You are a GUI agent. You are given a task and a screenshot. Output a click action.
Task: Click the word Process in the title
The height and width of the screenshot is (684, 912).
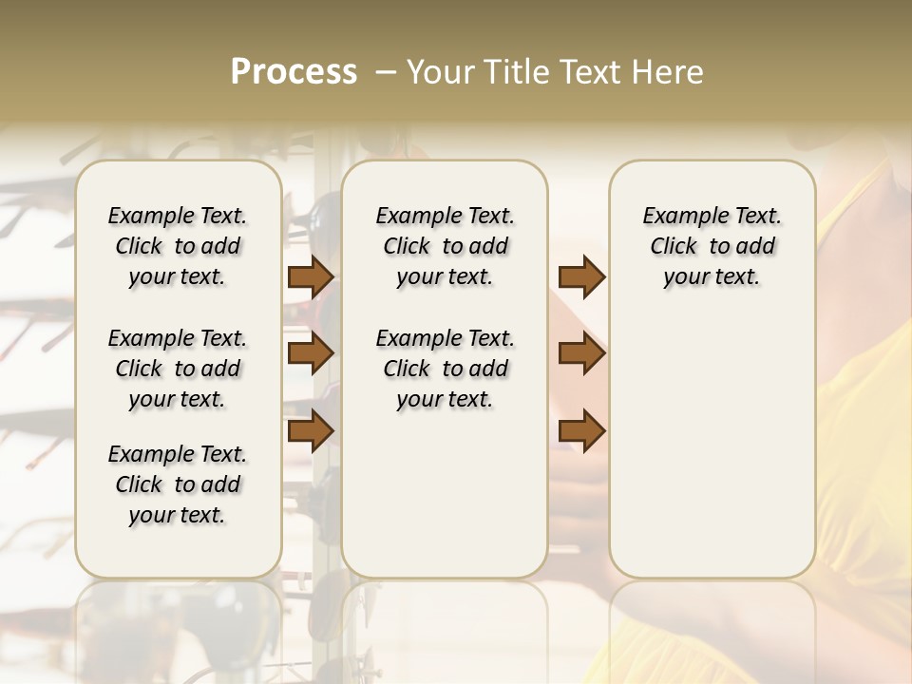click(x=294, y=72)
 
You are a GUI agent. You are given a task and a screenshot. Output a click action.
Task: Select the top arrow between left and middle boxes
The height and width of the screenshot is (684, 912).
click(x=311, y=276)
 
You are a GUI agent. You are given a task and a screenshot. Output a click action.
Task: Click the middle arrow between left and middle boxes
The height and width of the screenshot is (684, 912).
click(x=311, y=353)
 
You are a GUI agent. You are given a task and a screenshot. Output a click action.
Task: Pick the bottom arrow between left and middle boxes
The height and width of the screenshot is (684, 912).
click(x=311, y=431)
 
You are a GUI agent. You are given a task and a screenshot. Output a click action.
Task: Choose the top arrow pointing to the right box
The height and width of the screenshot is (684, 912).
click(x=581, y=276)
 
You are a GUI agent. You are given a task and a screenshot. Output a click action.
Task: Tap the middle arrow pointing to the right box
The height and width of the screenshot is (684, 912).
click(x=581, y=353)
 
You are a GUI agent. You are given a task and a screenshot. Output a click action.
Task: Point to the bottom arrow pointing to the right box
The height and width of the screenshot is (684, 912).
click(x=581, y=431)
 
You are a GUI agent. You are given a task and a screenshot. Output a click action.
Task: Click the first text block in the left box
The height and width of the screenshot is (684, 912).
click(x=178, y=246)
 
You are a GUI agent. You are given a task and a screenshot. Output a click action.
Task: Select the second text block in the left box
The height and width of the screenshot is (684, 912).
click(x=178, y=369)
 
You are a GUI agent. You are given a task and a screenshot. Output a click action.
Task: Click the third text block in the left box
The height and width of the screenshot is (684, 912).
click(x=178, y=484)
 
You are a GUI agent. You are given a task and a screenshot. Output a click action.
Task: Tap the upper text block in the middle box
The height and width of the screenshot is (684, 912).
click(x=445, y=246)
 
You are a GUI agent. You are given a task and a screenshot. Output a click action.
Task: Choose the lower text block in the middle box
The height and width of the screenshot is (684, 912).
click(x=445, y=369)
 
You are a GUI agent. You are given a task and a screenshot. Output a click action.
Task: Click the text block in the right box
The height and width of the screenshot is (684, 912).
click(x=712, y=246)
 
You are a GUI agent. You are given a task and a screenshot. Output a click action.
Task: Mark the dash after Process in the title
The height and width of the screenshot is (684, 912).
click(x=385, y=72)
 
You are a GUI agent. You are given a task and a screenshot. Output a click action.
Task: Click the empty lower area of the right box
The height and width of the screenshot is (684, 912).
click(x=712, y=456)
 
